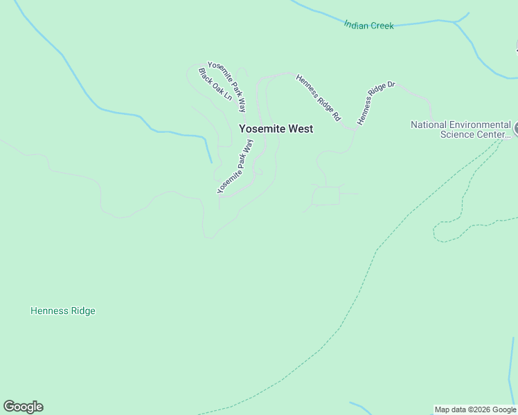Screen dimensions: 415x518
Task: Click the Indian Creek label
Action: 368,26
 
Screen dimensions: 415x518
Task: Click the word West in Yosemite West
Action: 301,129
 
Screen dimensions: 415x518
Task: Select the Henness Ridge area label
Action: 63,311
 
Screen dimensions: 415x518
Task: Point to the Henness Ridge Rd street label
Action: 318,98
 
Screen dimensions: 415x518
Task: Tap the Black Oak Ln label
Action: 215,84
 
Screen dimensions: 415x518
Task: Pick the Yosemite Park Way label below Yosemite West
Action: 235,166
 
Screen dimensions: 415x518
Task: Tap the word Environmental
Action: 480,125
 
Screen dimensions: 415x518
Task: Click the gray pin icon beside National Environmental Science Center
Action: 516,129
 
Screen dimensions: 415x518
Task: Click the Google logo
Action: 23,407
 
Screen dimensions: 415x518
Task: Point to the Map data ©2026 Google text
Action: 475,409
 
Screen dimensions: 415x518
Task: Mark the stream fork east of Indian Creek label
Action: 455,22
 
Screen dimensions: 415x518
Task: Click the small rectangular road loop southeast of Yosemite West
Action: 327,195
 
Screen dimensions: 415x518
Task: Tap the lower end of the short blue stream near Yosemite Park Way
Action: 211,162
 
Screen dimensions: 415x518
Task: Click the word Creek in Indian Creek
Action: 382,26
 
